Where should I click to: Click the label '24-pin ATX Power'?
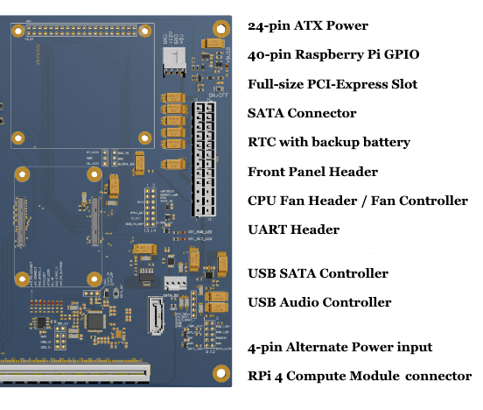pos(308,26)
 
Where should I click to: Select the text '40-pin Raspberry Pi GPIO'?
pos(333,55)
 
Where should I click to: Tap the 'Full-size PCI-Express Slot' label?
pos(332,84)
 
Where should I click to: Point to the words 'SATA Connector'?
pos(302,113)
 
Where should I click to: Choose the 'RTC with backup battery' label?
pos(329,142)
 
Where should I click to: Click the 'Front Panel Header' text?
pos(312,172)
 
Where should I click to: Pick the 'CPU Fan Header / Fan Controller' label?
pos(357,201)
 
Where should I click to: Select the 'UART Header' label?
pos(293,230)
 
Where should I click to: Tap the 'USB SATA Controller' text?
pos(318,273)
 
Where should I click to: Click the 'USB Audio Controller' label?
pos(319,302)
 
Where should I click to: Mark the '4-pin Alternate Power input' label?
pos(339,347)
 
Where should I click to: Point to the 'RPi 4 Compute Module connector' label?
pos(360,376)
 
